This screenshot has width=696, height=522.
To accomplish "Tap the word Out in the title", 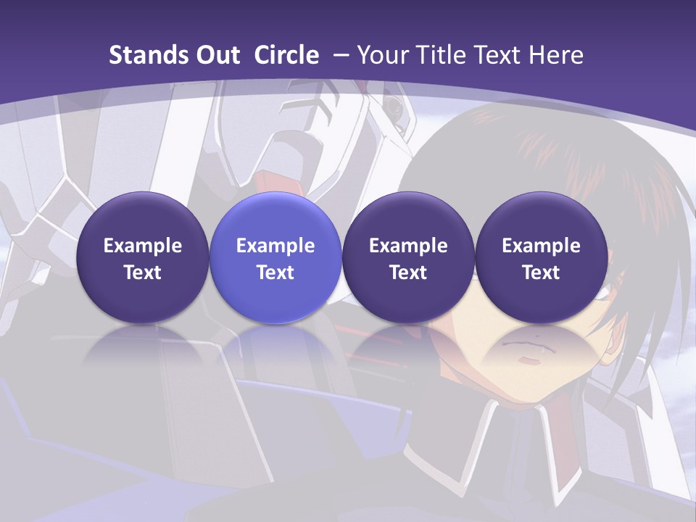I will tap(216, 55).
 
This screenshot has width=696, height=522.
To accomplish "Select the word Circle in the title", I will tap(286, 55).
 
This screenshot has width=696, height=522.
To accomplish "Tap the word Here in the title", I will tap(555, 55).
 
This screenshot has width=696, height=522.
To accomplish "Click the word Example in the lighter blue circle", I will tap(275, 246).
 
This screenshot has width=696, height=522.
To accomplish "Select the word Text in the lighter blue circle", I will tap(275, 273).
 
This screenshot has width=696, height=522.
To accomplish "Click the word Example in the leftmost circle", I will tap(143, 246).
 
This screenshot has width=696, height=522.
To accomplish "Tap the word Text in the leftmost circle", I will tap(143, 273).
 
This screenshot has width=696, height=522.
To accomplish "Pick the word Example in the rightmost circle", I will tap(541, 246).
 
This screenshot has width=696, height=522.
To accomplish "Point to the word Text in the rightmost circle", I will tap(541, 273).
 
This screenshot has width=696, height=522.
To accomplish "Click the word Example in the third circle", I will tap(408, 246).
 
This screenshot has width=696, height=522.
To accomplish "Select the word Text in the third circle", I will tap(408, 273).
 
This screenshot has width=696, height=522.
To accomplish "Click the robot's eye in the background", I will tap(393, 108).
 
